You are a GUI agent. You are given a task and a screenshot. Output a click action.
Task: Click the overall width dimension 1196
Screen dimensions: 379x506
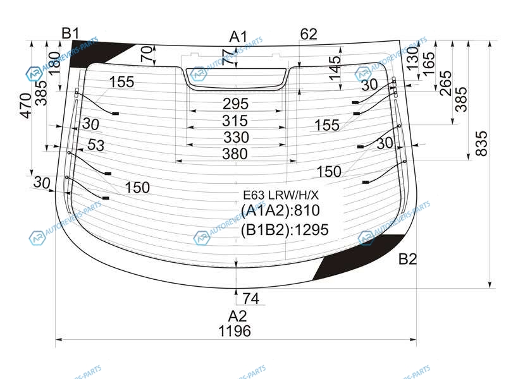(x=235, y=330)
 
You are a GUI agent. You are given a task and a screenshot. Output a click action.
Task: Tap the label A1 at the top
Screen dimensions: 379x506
(x=238, y=36)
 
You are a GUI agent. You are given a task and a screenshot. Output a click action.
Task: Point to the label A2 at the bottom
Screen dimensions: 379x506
(x=237, y=315)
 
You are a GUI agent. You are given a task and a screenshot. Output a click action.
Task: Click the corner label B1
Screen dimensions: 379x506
(x=70, y=33)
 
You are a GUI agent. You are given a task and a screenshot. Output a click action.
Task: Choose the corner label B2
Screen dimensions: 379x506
(x=408, y=258)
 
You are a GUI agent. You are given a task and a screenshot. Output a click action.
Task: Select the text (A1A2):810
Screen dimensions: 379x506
(x=281, y=211)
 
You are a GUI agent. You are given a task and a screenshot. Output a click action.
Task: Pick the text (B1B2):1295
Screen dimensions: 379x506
(x=285, y=230)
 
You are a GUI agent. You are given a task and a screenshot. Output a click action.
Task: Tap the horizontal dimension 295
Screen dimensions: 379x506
(x=235, y=104)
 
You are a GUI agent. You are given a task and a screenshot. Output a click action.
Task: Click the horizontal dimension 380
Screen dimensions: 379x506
(x=235, y=153)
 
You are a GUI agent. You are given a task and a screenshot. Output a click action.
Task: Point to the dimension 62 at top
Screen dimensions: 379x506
(x=309, y=35)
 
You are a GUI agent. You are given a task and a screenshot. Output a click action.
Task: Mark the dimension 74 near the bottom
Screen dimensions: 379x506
(x=251, y=298)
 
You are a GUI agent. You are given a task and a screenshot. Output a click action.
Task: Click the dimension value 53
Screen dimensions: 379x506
(x=96, y=146)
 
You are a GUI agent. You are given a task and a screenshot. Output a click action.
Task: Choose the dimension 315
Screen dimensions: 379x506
(x=235, y=121)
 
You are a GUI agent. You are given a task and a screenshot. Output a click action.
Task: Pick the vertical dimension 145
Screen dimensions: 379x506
(x=335, y=68)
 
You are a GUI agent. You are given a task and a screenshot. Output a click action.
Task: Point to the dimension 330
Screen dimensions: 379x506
(x=235, y=137)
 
